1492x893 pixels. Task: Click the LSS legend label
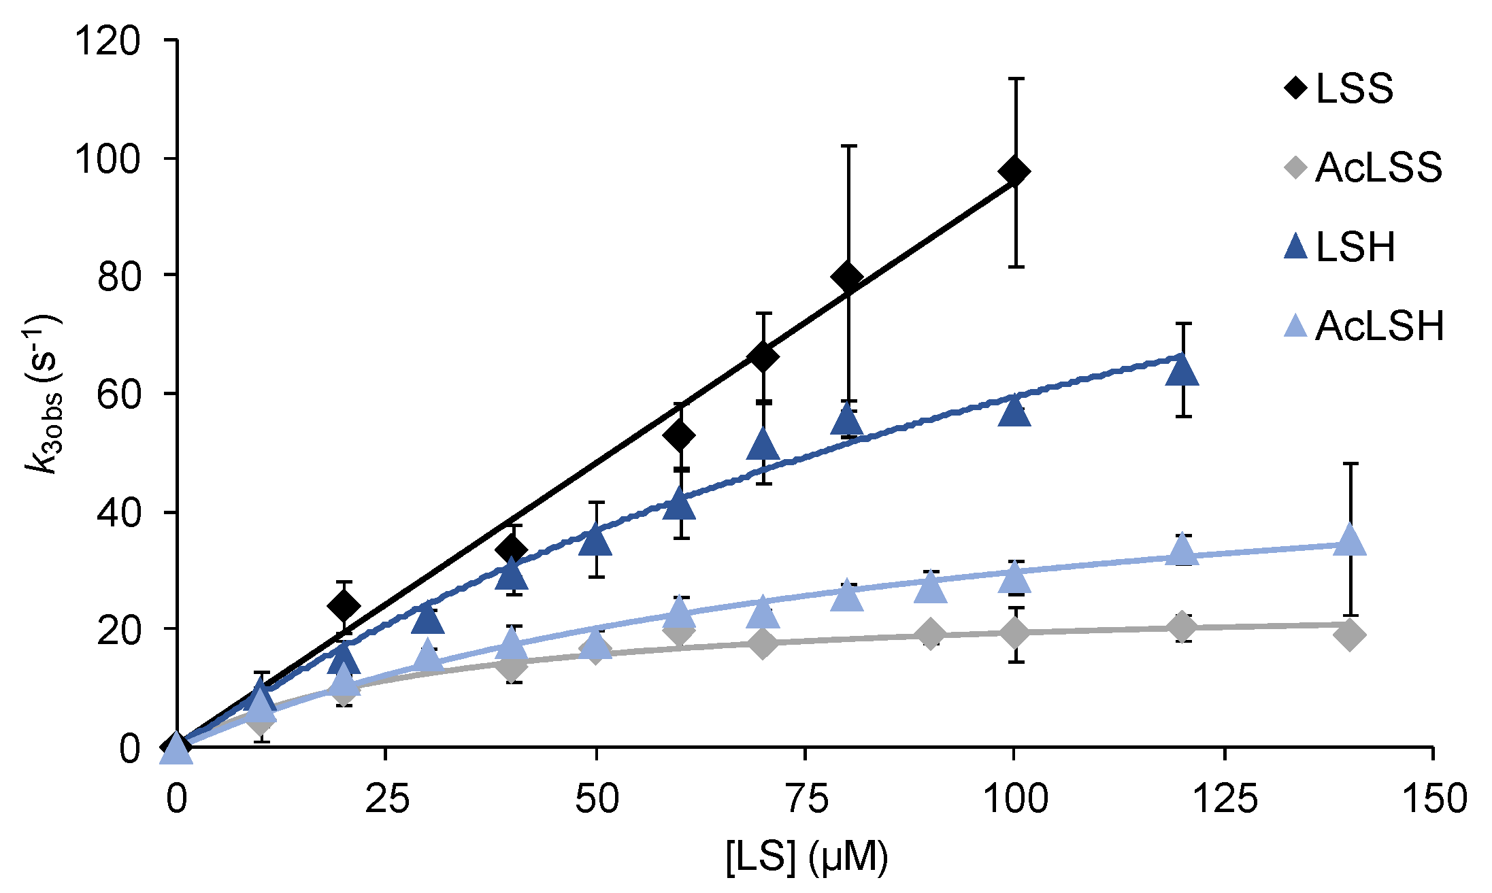pyautogui.click(x=1355, y=89)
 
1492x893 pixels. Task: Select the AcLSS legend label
pyautogui.click(x=1378, y=167)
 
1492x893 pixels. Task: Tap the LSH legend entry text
pyautogui.click(x=1355, y=247)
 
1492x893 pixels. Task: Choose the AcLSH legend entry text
pyautogui.click(x=1379, y=326)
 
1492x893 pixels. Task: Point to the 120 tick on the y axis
pyautogui.click(x=107, y=41)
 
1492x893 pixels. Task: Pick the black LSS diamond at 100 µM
pyautogui.click(x=1015, y=171)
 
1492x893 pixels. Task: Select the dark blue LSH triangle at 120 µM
pyautogui.click(x=1182, y=371)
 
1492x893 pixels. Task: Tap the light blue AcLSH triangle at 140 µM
pyautogui.click(x=1350, y=541)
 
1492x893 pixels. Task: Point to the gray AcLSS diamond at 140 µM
pyautogui.click(x=1350, y=635)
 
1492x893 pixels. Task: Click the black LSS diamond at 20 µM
pyautogui.click(x=344, y=605)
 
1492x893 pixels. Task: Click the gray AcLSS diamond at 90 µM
pyautogui.click(x=931, y=635)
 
